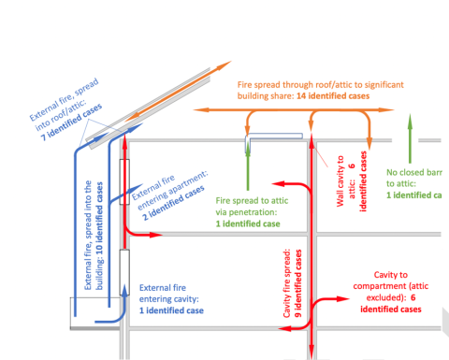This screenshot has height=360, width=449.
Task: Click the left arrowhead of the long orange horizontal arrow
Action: coord(201,109)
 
